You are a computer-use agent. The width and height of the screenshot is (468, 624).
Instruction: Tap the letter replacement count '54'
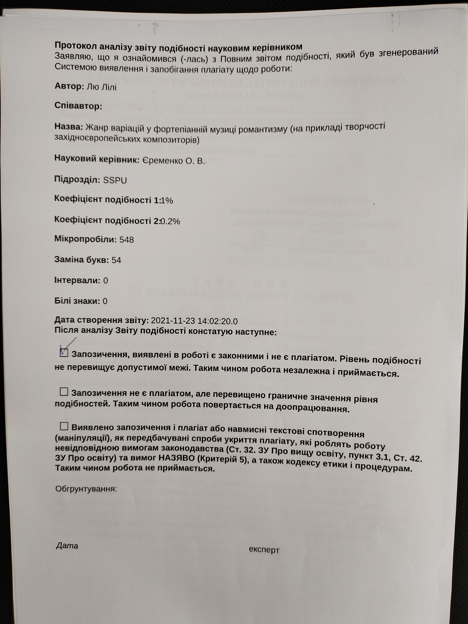tap(116, 260)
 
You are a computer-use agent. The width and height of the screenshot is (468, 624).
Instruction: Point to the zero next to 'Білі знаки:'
tap(105, 301)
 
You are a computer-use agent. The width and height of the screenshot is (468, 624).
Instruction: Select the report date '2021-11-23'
tap(173, 321)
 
